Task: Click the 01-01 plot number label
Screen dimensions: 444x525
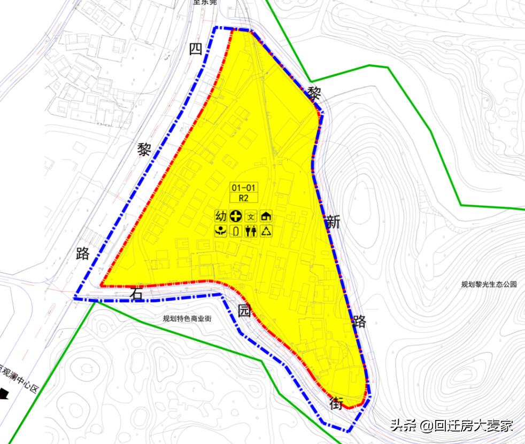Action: pyautogui.click(x=244, y=188)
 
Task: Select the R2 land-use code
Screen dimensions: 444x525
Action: pyautogui.click(x=244, y=198)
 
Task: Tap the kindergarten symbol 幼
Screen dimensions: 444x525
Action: pyautogui.click(x=220, y=216)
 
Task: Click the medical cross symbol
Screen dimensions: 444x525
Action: pyautogui.click(x=236, y=216)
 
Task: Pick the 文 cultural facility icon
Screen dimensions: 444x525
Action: pyautogui.click(x=251, y=216)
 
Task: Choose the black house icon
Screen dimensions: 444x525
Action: pyautogui.click(x=266, y=216)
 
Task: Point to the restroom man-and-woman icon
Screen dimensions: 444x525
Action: pyautogui.click(x=251, y=231)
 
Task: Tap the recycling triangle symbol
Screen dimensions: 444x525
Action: pyautogui.click(x=266, y=231)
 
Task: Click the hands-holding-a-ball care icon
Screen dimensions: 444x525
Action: pyautogui.click(x=220, y=231)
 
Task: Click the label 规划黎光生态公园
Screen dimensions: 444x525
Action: pyautogui.click(x=489, y=285)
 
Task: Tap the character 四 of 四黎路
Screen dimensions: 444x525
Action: pyautogui.click(x=195, y=49)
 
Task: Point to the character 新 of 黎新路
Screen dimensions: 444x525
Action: pyautogui.click(x=333, y=222)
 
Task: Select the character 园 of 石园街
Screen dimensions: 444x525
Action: pyautogui.click(x=244, y=313)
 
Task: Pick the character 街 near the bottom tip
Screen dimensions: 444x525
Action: pyautogui.click(x=336, y=403)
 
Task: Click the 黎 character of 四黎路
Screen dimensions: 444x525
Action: pyautogui.click(x=144, y=150)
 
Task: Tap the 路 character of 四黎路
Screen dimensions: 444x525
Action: pyautogui.click(x=83, y=253)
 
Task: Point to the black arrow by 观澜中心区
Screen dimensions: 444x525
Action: pyautogui.click(x=4, y=394)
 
